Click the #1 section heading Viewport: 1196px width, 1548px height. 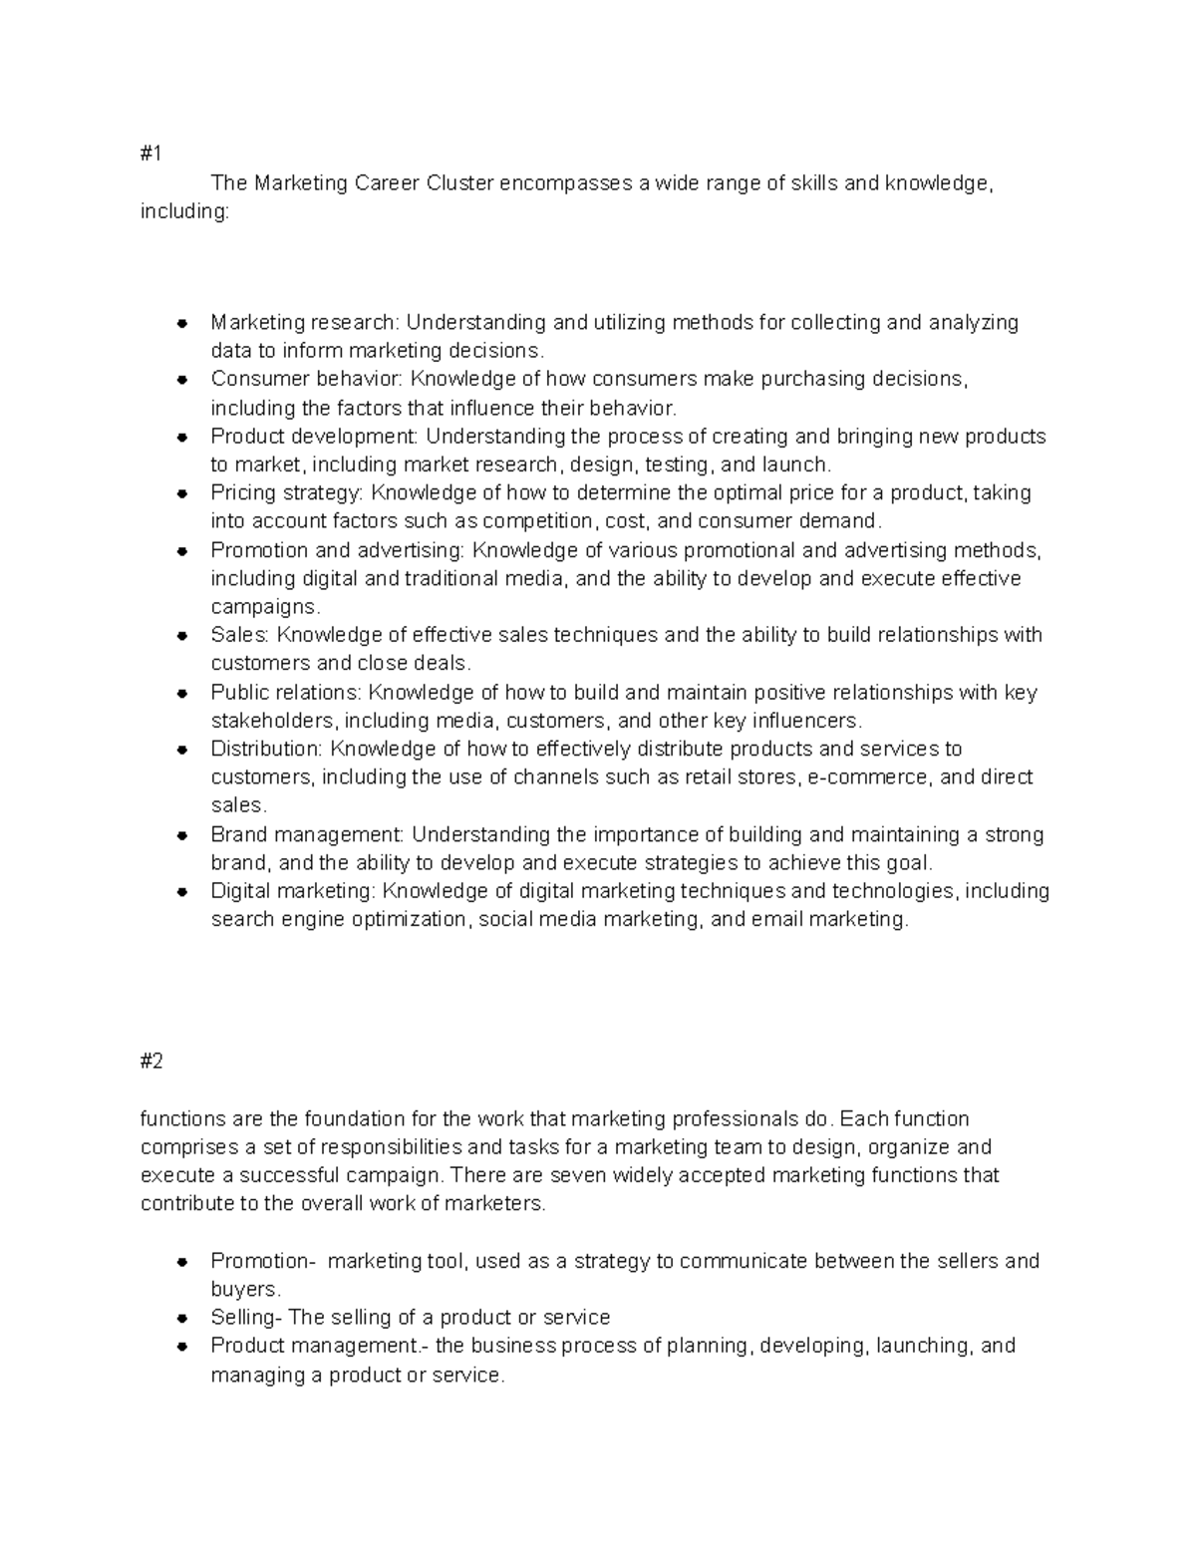point(150,155)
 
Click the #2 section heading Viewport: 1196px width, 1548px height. point(151,1062)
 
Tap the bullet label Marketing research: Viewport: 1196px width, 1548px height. point(304,322)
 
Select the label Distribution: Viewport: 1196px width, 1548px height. point(267,749)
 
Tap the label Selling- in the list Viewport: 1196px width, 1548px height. point(246,1318)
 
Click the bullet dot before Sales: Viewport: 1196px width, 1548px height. point(182,636)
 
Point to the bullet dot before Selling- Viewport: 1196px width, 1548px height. point(182,1318)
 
